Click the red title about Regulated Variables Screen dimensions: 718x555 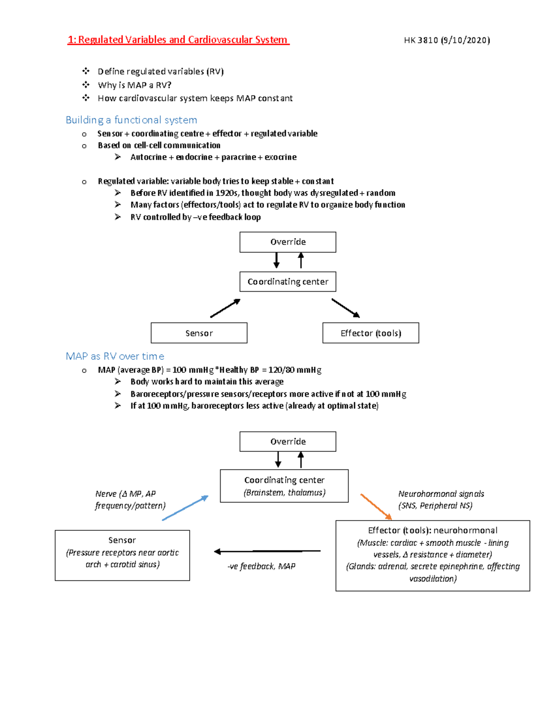pyautogui.click(x=178, y=40)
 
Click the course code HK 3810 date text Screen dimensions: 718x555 pyautogui.click(x=447, y=40)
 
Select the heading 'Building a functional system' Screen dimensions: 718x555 pyautogui.click(x=131, y=120)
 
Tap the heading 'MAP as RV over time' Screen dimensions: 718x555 pyautogui.click(x=115, y=356)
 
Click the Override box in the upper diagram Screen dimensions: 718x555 pyautogui.click(x=288, y=242)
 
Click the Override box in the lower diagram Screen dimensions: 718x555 pyautogui.click(x=288, y=442)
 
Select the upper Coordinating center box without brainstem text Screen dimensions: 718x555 pyautogui.click(x=288, y=282)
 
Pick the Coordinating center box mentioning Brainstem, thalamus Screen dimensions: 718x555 pyautogui.click(x=284, y=486)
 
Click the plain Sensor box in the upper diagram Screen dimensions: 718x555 pyautogui.click(x=199, y=333)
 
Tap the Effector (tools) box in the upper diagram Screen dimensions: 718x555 pyautogui.click(x=370, y=333)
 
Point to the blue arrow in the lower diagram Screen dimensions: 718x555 pyautogui.click(x=185, y=508)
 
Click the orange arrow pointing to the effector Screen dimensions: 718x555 pyautogui.click(x=376, y=507)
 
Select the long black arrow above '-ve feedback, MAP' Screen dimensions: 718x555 pyautogui.click(x=267, y=551)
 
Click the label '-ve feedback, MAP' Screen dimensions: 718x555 pyautogui.click(x=261, y=566)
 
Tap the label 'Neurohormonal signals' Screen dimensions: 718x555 pyautogui.click(x=441, y=494)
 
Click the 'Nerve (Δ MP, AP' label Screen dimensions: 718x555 pyautogui.click(x=125, y=494)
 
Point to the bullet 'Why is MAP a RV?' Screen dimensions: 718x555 pyautogui.click(x=134, y=85)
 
